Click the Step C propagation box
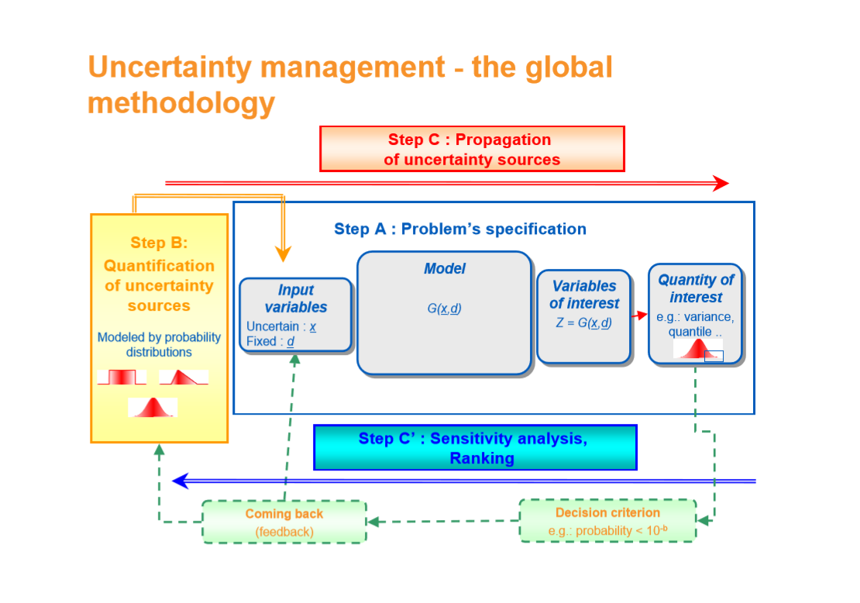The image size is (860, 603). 472,149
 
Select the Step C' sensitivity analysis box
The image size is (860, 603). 475,447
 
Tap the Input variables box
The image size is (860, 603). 295,315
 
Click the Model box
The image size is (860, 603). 444,313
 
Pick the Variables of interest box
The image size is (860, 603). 583,316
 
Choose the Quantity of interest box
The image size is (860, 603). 695,314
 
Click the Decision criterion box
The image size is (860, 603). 607,521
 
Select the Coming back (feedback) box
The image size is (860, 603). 284,522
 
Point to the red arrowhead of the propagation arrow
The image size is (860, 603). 721,184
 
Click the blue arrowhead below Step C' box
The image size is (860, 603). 181,481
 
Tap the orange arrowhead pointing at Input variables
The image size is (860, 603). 284,253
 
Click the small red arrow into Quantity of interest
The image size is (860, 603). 639,316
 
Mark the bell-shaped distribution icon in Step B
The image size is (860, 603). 153,408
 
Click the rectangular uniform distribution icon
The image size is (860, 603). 122,377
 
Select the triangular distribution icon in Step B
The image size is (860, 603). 184,377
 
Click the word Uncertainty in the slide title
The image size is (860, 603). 169,67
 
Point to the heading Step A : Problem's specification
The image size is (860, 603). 459,229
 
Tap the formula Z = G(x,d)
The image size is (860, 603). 583,323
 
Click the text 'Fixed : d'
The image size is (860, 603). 270,341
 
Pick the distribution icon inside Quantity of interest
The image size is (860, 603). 697,350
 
